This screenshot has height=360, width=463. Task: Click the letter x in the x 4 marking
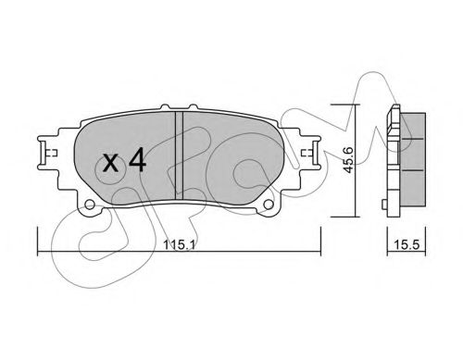click(x=110, y=164)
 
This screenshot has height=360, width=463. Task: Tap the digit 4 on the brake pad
click(x=137, y=162)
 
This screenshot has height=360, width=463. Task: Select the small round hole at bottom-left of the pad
click(x=89, y=205)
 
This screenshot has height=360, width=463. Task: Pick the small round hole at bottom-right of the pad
click(x=269, y=205)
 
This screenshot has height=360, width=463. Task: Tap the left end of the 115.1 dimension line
click(x=38, y=252)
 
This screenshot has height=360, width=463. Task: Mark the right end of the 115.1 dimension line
click(x=320, y=252)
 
